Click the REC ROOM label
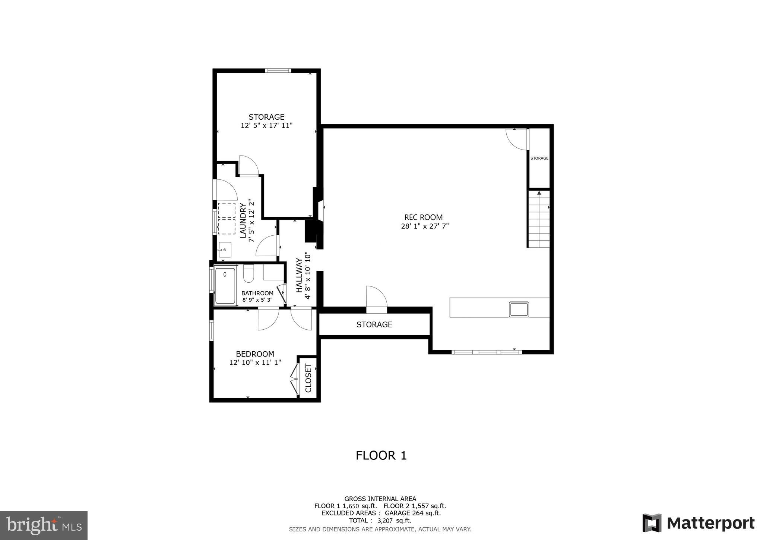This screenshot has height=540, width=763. (x=424, y=217)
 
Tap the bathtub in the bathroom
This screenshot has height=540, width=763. (x=225, y=285)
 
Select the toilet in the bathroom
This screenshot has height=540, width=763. (x=248, y=274)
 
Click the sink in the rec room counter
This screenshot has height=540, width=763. (x=519, y=309)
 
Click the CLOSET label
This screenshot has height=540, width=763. (x=308, y=378)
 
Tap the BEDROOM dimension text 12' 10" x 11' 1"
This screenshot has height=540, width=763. (x=255, y=362)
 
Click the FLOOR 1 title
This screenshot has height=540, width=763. (x=381, y=456)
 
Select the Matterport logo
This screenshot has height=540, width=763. (x=698, y=523)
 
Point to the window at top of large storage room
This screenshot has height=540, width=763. (x=278, y=70)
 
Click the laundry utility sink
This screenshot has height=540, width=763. (x=225, y=249)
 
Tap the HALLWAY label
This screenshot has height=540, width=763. (x=299, y=275)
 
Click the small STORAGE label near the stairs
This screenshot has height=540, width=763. (x=539, y=158)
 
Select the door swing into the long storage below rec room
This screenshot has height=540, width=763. (x=377, y=297)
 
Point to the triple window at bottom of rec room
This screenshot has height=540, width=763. (x=486, y=352)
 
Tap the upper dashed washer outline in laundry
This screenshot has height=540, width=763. (x=227, y=210)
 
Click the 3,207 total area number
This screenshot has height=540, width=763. (x=385, y=521)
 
